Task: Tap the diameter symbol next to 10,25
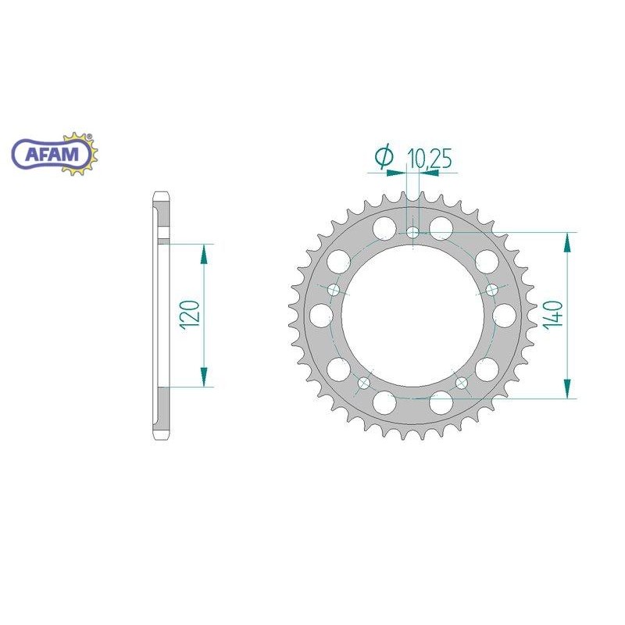pos(384,158)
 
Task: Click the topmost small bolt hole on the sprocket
pos(412,232)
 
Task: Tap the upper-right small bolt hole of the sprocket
pos(491,289)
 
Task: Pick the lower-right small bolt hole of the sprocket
pos(462,383)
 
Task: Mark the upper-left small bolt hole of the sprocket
pos(334,290)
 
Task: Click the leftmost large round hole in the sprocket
pos(320,315)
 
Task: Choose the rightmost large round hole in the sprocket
pos(505,315)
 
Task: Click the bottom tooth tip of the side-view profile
pos(159,437)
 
